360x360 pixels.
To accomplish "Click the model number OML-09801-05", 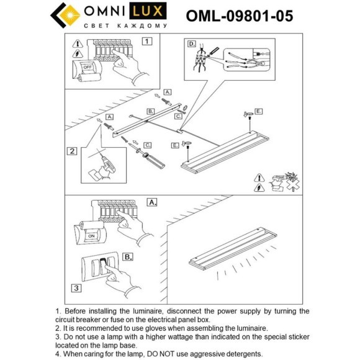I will (x=240, y=16).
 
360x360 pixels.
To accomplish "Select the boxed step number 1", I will (x=146, y=42).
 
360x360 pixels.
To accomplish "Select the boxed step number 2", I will (x=72, y=151).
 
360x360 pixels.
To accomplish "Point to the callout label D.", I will (x=192, y=44).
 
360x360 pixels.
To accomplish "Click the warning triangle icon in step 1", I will (x=78, y=43).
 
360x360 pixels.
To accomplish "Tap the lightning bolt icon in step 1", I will (x=78, y=54).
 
